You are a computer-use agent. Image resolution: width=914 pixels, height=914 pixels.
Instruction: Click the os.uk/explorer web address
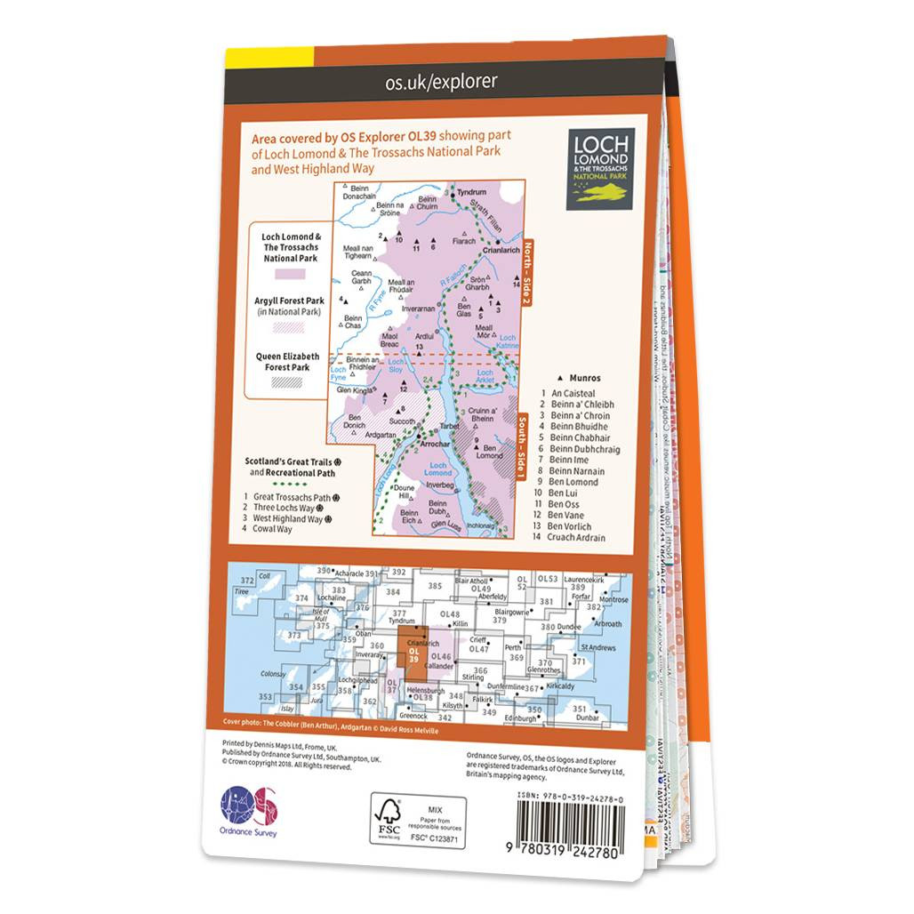[441, 83]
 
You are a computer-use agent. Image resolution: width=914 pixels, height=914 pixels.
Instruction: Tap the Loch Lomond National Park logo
[601, 168]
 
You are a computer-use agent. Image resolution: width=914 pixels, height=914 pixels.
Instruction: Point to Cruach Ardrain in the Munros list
[578, 538]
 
